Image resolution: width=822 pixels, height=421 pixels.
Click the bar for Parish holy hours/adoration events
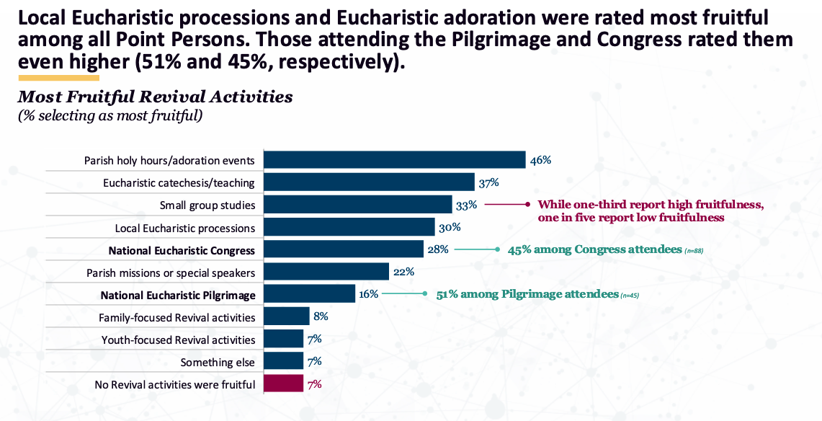tap(394, 160)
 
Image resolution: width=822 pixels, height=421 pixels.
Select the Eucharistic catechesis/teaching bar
tap(369, 182)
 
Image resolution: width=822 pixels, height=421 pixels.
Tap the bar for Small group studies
tap(357, 205)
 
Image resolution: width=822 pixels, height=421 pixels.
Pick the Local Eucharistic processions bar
tap(349, 228)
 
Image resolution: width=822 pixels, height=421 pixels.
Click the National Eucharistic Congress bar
tap(343, 250)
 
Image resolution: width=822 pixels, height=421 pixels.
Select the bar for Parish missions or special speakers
tap(326, 272)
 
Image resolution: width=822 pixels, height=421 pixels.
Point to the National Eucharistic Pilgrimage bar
tap(309, 294)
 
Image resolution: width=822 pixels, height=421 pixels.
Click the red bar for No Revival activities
tap(283, 384)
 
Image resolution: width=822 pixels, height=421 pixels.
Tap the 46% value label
tap(540, 160)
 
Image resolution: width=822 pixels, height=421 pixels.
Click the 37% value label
tap(489, 182)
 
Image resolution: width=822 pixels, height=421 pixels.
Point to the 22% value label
tap(403, 272)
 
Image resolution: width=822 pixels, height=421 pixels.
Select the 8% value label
tap(321, 316)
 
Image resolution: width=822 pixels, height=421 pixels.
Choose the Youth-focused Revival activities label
tap(178, 340)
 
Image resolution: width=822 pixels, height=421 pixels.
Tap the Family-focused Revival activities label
tap(177, 317)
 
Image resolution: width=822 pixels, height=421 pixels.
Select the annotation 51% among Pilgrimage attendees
tap(528, 294)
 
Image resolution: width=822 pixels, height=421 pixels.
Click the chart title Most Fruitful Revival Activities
tap(155, 97)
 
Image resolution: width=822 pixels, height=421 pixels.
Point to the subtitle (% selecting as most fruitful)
tap(110, 115)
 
